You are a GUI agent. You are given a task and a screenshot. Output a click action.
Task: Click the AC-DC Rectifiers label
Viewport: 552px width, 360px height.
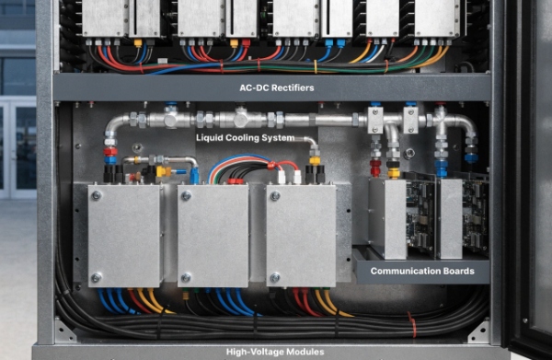[276, 87]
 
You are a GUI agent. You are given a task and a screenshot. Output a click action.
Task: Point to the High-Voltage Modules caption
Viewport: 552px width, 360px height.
[276, 352]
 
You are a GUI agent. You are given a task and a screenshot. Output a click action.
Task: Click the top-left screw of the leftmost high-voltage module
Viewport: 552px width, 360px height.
[97, 195]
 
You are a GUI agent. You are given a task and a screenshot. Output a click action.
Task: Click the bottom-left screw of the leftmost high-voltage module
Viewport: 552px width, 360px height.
[97, 276]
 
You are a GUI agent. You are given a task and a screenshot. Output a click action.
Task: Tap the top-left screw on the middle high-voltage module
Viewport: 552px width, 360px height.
[186, 195]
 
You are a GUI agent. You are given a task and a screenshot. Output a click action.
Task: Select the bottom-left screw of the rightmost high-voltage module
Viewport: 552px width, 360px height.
[275, 276]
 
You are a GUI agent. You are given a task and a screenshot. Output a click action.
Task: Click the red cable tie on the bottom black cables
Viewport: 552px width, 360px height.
[412, 325]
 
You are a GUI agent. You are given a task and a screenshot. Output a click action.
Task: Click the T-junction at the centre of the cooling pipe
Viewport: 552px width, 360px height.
[242, 119]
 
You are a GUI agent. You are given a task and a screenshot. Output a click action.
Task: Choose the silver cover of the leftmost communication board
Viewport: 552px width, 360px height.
[387, 219]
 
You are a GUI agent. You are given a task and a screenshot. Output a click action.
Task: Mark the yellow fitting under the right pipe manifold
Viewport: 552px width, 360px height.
[394, 171]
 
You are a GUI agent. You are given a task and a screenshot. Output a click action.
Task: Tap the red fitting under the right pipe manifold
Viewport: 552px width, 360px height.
[374, 167]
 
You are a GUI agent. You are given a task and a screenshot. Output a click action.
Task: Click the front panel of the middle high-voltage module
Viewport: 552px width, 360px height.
[213, 236]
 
